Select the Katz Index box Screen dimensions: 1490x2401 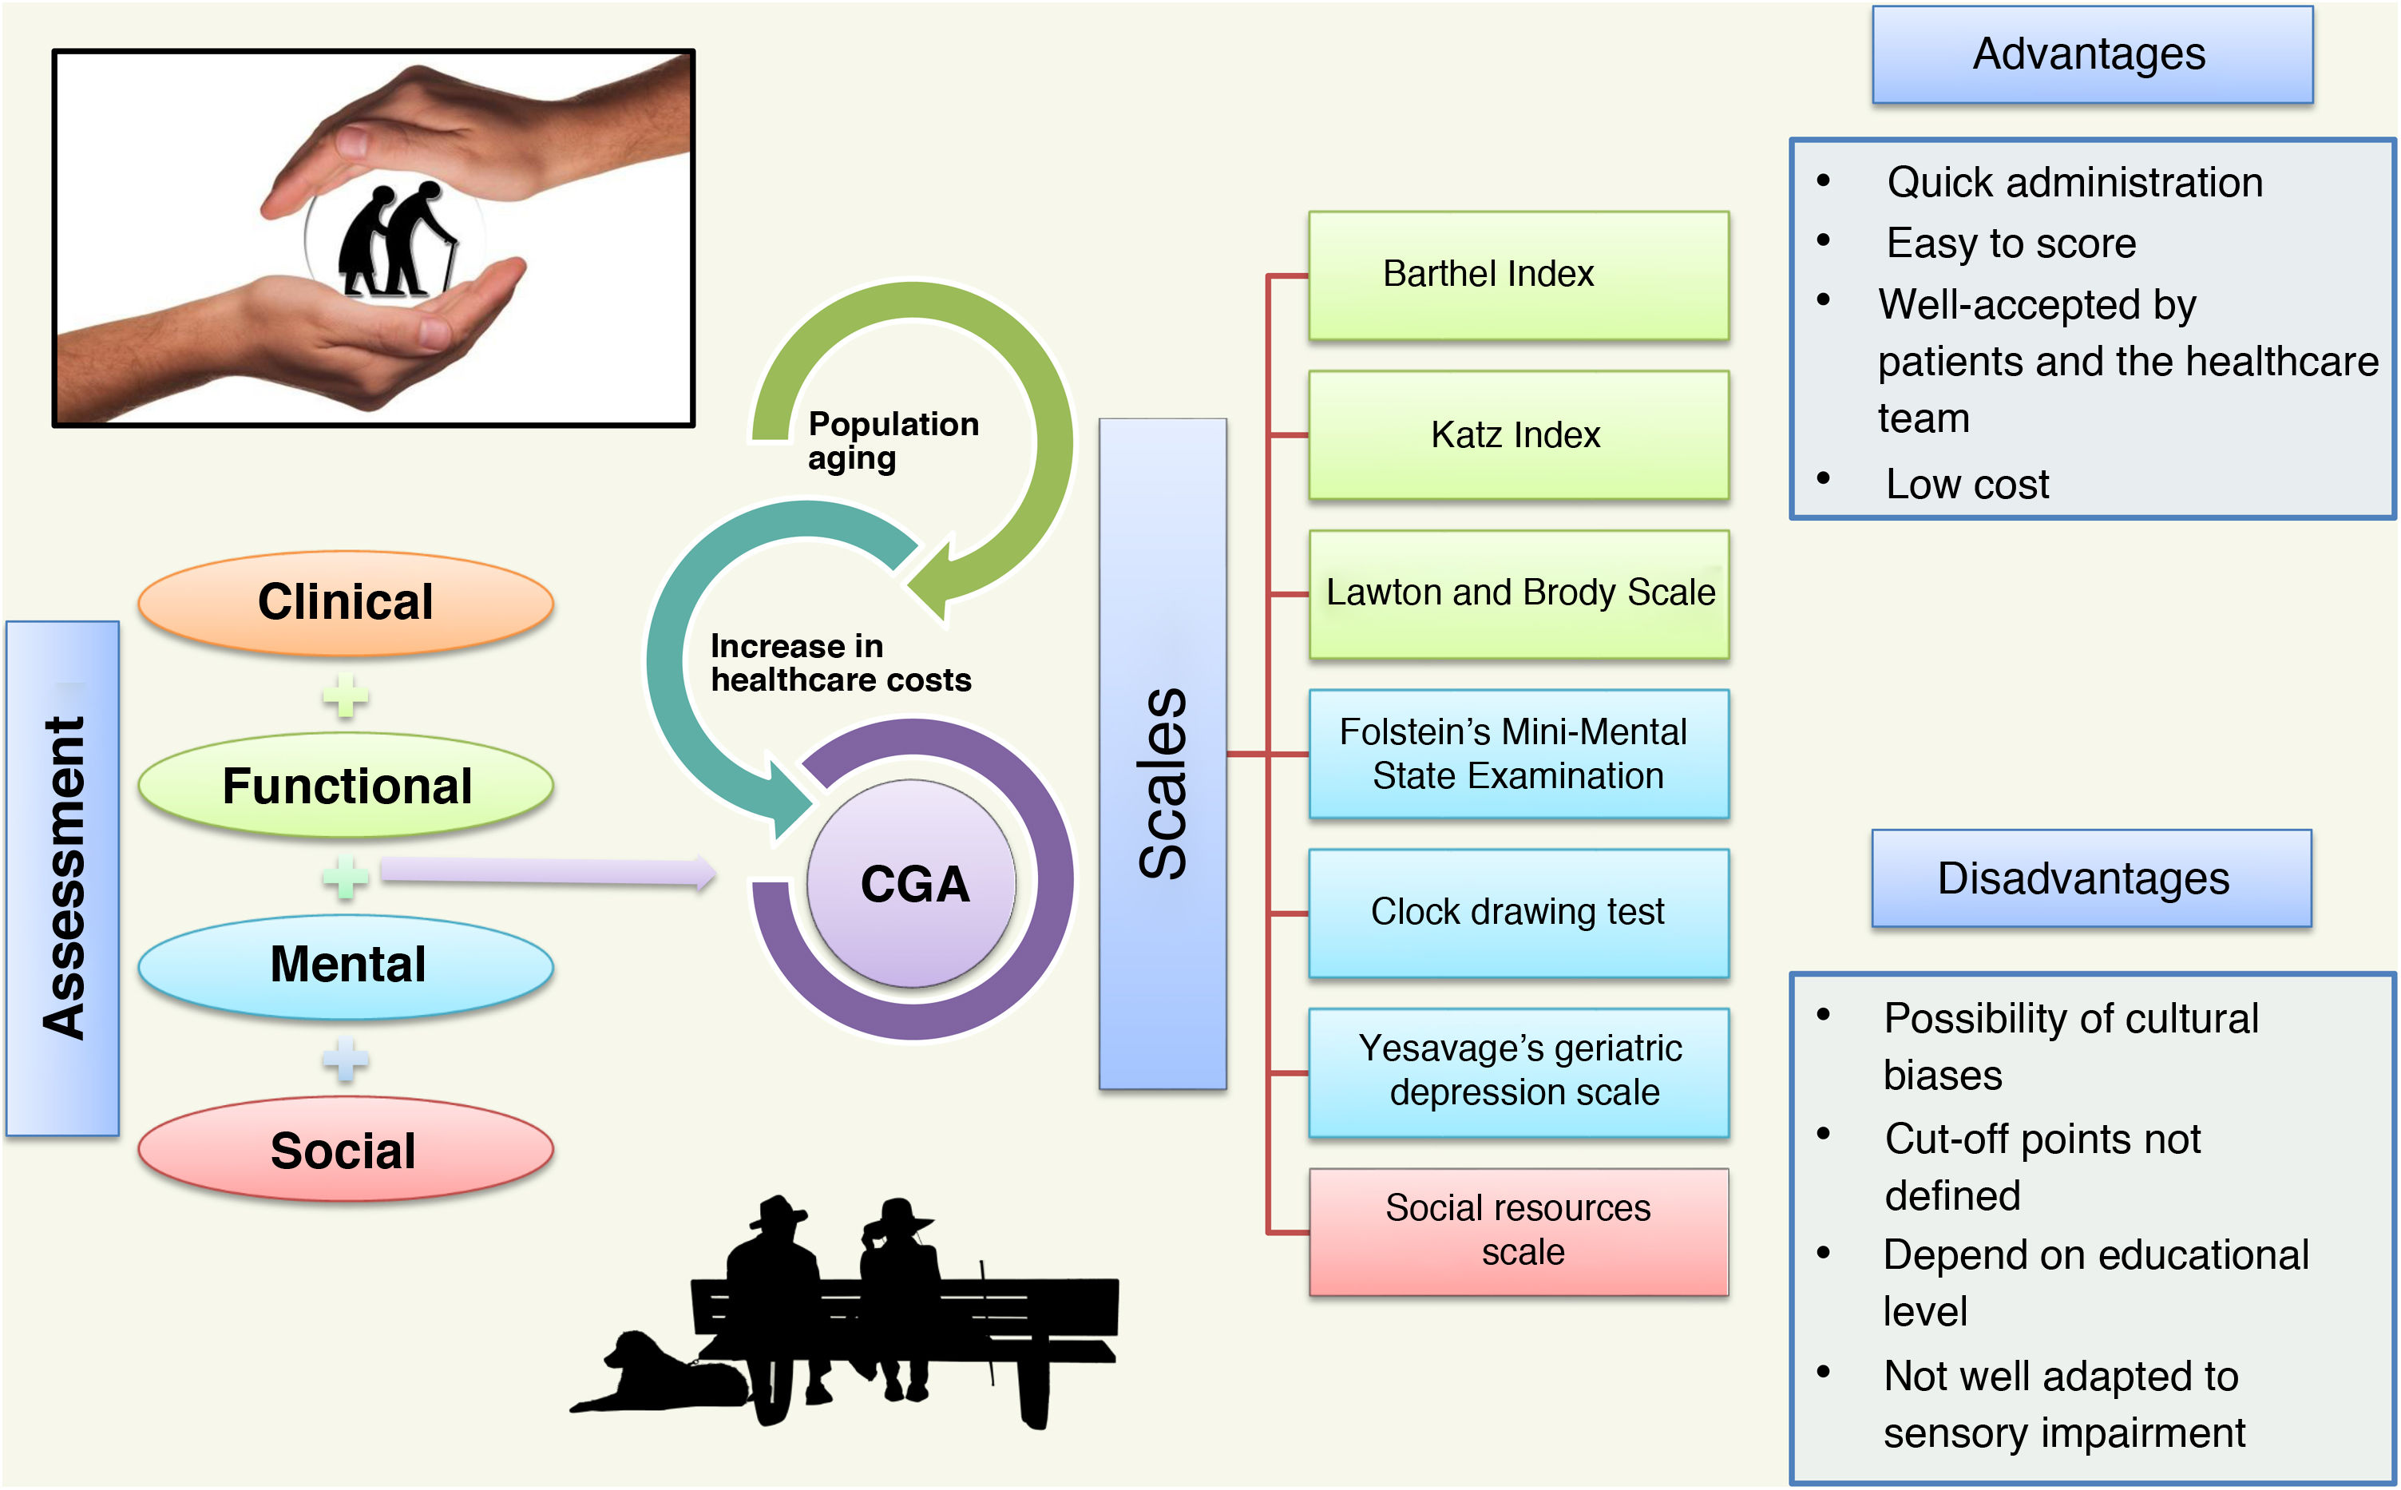click(x=1517, y=434)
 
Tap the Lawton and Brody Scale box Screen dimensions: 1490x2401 click(x=1517, y=593)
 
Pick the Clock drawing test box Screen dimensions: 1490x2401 click(x=1517, y=913)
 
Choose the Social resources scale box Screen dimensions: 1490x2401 click(x=1517, y=1230)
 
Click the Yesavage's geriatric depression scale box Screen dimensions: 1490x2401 click(x=1517, y=1071)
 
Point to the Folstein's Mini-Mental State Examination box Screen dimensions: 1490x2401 click(x=1517, y=754)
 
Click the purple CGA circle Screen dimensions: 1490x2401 click(x=911, y=883)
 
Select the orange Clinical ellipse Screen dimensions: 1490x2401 click(x=345, y=602)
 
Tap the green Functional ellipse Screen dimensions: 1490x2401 click(x=345, y=786)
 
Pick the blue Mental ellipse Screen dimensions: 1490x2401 click(x=345, y=965)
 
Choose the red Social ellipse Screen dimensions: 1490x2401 click(x=345, y=1150)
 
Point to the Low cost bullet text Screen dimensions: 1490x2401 click(x=1967, y=484)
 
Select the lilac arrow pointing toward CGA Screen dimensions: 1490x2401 click(x=547, y=871)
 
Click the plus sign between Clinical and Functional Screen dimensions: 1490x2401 click(x=345, y=695)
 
